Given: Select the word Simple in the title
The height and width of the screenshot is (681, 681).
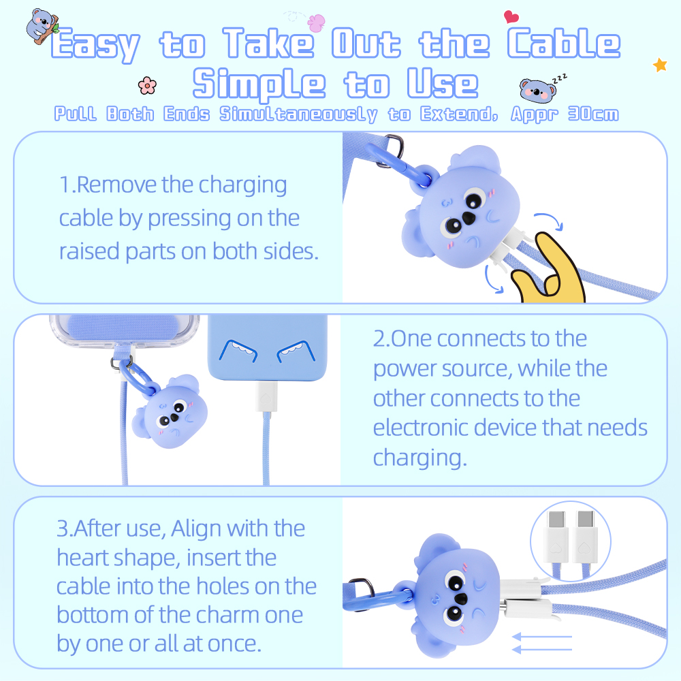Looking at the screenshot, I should point(259,84).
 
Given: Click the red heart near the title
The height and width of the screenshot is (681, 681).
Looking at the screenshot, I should point(511,16).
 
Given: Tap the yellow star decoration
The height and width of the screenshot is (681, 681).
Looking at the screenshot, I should point(659,65).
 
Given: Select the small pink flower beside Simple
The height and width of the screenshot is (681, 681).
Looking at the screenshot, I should point(146,85).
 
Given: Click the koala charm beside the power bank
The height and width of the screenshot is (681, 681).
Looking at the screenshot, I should point(174,412).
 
